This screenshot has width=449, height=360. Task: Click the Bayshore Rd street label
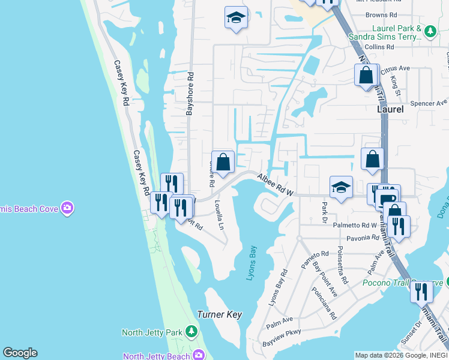(190, 94)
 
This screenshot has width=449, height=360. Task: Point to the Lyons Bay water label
(252, 263)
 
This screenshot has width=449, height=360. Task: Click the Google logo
(20, 353)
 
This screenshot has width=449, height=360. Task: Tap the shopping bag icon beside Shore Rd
(223, 162)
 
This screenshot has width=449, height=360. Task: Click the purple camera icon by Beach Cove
(67, 208)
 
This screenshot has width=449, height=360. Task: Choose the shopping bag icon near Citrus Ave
(366, 76)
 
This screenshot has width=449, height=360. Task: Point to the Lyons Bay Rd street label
(277, 287)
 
